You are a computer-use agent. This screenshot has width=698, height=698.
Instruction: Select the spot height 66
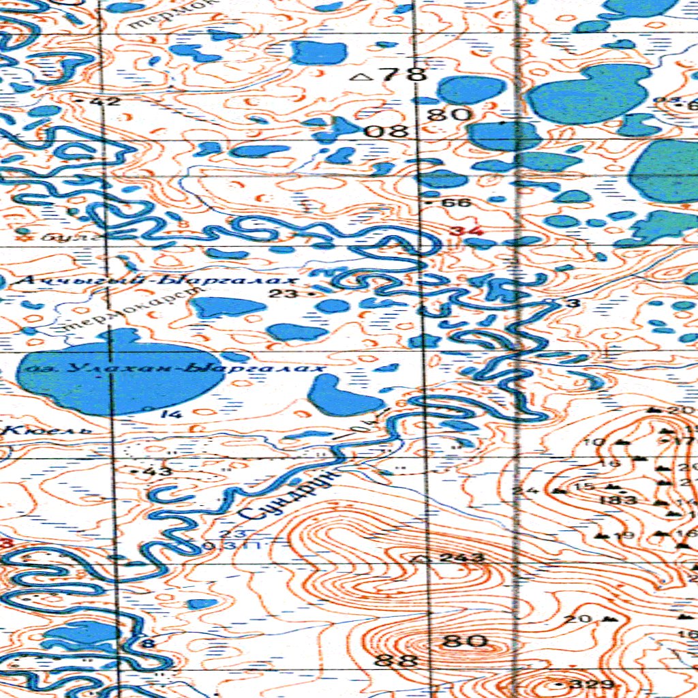(456, 203)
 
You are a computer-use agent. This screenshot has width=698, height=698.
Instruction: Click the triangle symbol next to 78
(361, 77)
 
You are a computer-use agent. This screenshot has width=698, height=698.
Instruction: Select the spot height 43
(160, 471)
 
